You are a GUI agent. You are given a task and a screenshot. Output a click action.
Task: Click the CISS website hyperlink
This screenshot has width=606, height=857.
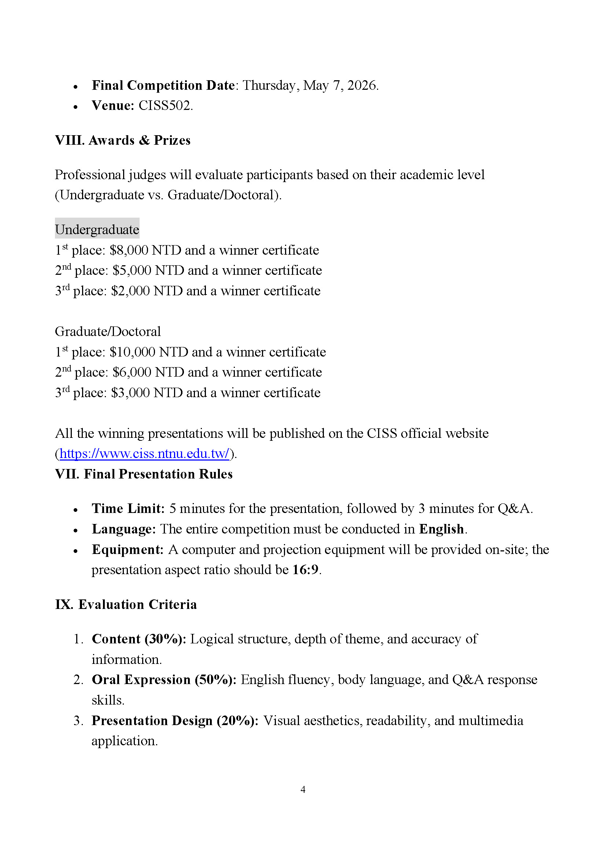point(144,454)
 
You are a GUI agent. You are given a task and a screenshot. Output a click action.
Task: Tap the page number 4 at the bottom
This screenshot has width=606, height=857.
point(303,790)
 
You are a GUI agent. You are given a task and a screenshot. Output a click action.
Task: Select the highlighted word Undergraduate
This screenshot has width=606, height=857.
point(97,229)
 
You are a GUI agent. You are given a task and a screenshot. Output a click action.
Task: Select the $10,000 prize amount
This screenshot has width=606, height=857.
point(132,352)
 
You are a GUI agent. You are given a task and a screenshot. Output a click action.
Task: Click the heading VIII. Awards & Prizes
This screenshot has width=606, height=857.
point(122,140)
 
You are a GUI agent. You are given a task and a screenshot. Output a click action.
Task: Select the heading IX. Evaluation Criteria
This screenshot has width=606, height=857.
point(126,604)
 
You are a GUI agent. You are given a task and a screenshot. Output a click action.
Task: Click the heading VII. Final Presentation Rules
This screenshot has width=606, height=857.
point(144,474)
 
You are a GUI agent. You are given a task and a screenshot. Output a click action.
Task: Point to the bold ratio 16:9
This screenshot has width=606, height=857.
point(305,570)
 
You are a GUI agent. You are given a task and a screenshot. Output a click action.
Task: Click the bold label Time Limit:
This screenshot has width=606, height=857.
point(128,509)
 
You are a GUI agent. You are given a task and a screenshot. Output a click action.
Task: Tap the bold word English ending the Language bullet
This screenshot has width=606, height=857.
point(441,529)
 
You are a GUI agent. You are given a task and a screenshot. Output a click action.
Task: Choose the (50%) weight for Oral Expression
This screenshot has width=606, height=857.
point(215,680)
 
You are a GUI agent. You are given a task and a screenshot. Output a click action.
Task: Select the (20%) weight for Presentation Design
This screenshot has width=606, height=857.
point(237,720)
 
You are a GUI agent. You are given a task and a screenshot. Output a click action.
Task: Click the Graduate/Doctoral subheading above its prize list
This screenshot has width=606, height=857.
point(107,332)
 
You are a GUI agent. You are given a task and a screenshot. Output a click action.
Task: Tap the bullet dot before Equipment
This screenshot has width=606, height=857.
point(76,551)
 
